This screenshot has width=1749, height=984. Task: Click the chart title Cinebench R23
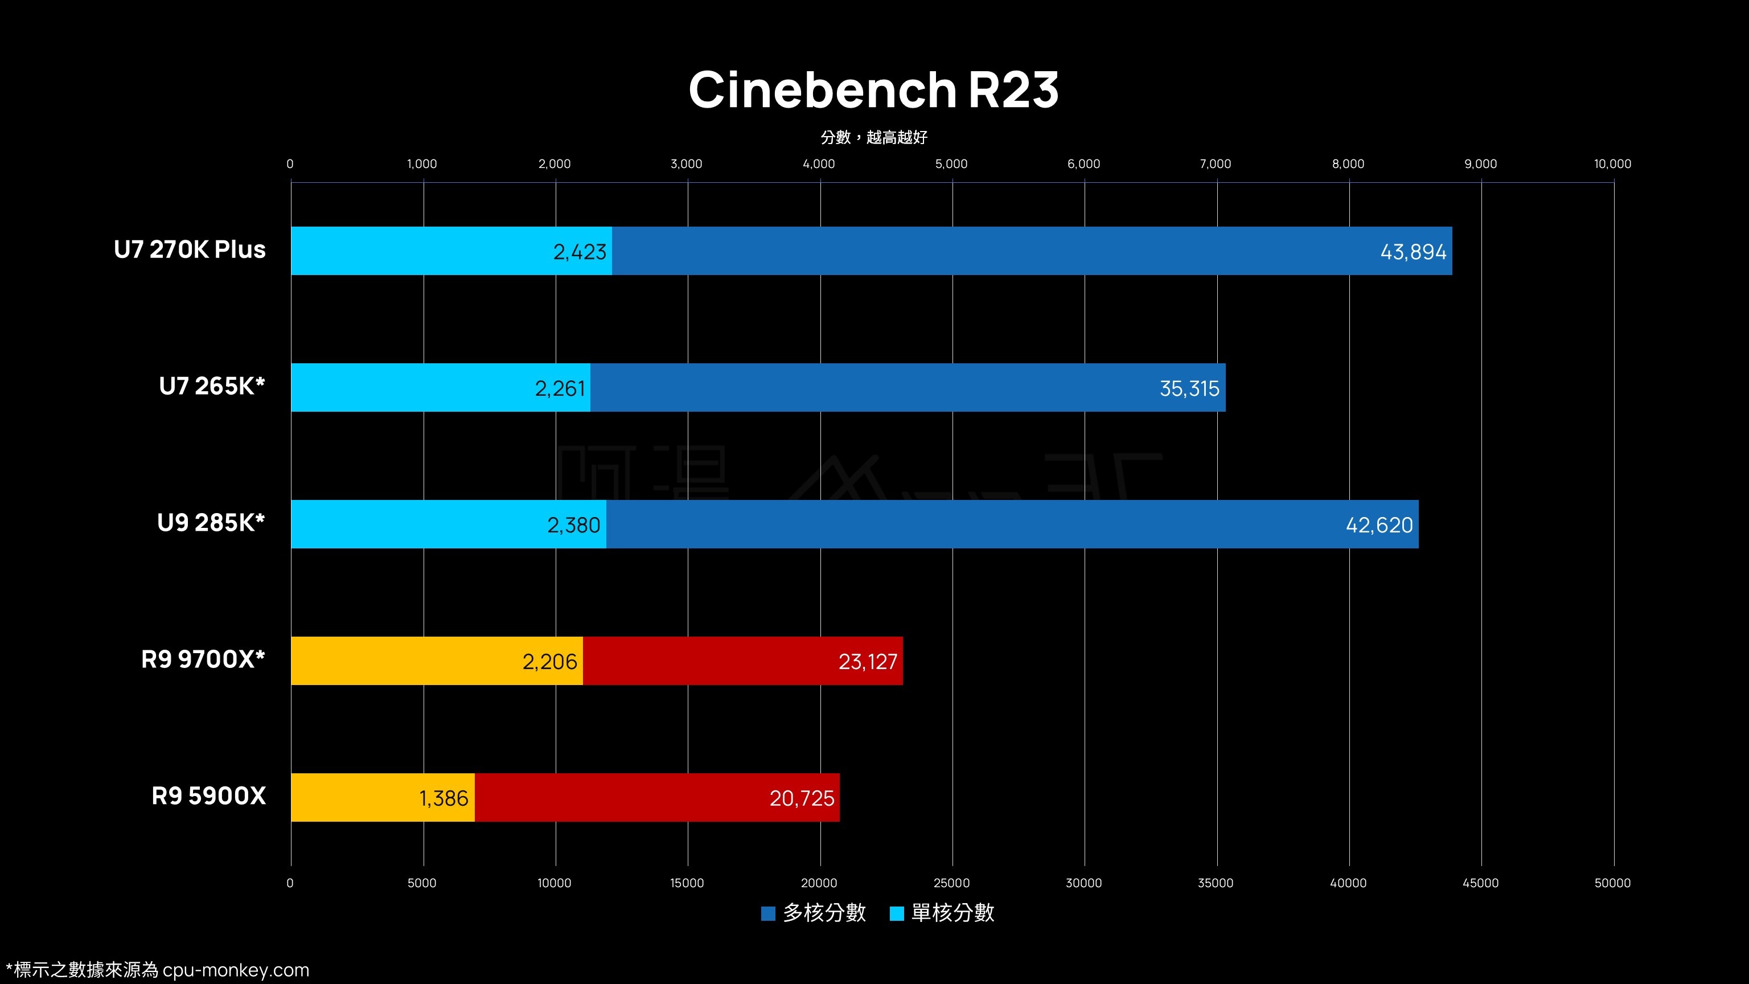coord(873,89)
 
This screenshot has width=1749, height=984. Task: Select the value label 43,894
coord(1413,252)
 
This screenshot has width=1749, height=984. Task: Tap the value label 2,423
coord(579,252)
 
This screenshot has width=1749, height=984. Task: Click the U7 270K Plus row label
coord(190,250)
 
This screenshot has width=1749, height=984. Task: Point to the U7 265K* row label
coord(211,387)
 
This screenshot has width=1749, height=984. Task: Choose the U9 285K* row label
coord(211,523)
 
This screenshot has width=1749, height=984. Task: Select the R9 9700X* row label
coord(202,659)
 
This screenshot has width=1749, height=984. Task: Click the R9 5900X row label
coord(208,796)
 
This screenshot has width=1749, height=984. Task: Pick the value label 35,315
coord(1189,388)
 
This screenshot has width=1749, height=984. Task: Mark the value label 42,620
coord(1379,525)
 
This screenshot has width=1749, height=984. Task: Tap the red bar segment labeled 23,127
coord(743,662)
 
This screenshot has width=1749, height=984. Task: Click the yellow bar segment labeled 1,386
coord(382,798)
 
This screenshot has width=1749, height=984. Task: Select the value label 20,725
coord(801,798)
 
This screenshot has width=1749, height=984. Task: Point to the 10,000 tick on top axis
coord(1612,163)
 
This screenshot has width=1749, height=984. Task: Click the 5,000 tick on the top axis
coord(951,163)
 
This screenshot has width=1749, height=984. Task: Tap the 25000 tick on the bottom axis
coord(951,883)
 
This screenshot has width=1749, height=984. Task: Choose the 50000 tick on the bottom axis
coord(1612,883)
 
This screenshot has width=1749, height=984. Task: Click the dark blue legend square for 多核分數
coord(768,913)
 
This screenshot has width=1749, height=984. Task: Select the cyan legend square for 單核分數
coord(896,913)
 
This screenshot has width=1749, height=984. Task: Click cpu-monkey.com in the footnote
coord(236,970)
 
